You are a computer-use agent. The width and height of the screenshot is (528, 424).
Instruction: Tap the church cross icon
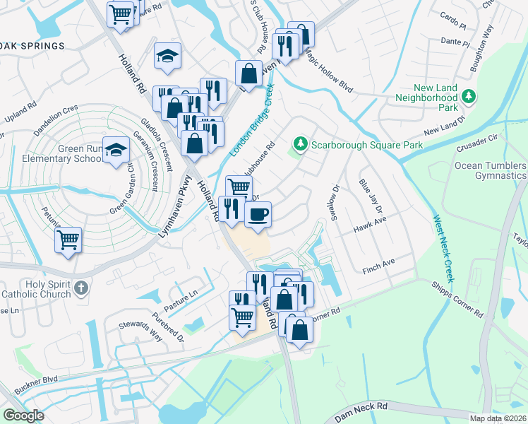click(82, 287)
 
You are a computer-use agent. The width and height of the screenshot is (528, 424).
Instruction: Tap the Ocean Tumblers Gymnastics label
click(489, 170)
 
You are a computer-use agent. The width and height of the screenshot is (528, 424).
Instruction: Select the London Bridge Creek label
click(252, 119)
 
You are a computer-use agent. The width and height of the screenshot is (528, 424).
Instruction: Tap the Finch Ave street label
click(379, 265)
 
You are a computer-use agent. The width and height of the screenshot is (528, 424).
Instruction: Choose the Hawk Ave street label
click(371, 222)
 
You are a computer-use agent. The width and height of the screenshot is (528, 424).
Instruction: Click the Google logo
click(23, 415)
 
